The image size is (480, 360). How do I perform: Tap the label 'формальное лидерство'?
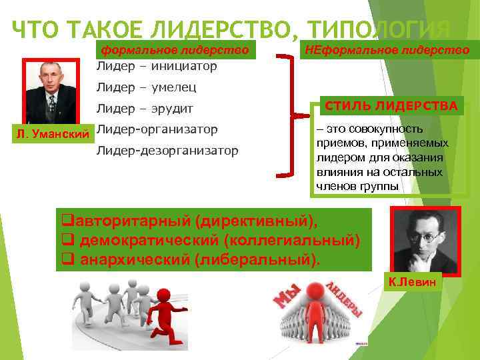coord(174,49)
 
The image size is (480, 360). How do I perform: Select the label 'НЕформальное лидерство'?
coord(387,49)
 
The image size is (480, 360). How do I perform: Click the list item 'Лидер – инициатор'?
coord(157,66)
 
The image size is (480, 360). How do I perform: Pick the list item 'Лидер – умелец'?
coord(147,87)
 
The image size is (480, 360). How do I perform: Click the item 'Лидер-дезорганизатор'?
coord(167,150)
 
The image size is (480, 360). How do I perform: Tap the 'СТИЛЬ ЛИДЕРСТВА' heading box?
coord(390,106)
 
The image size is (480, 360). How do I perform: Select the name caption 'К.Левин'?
coord(415,283)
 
